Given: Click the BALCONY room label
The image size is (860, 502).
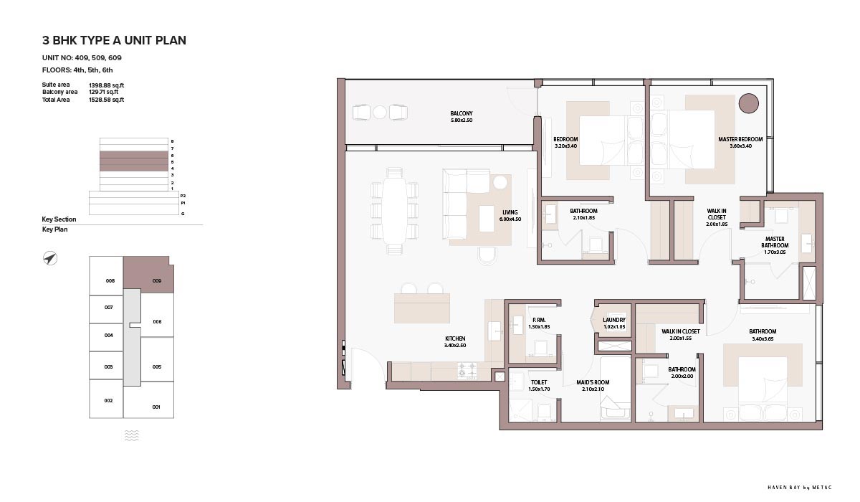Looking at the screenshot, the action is pyautogui.click(x=461, y=113).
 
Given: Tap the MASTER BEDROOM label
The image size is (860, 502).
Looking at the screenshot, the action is pyautogui.click(x=740, y=139).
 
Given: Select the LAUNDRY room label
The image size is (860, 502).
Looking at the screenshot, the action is pyautogui.click(x=614, y=320).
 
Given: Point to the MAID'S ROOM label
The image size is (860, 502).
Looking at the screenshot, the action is pyautogui.click(x=593, y=382).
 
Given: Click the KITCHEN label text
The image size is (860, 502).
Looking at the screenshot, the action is pyautogui.click(x=455, y=338).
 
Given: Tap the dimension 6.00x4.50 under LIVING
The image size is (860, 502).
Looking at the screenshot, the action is pyautogui.click(x=510, y=219).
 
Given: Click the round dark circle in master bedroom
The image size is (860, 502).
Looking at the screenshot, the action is pyautogui.click(x=748, y=103).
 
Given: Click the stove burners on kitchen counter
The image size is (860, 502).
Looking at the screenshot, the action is pyautogui.click(x=467, y=370).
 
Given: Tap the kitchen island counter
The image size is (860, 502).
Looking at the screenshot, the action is pyautogui.click(x=422, y=308).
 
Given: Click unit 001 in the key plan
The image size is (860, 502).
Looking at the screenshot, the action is pyautogui.click(x=156, y=407).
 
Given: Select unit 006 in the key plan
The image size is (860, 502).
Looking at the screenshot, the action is pyautogui.click(x=157, y=322).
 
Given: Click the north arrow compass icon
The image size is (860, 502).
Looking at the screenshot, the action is pyautogui.click(x=50, y=258).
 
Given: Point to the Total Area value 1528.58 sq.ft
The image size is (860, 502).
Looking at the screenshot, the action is pyautogui.click(x=106, y=100).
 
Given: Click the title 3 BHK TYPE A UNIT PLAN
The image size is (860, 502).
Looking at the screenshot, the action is pyautogui.click(x=114, y=40).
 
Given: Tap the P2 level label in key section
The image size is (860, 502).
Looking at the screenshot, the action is pyautogui.click(x=183, y=196).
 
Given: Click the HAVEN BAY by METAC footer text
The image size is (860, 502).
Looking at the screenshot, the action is pyautogui.click(x=800, y=488).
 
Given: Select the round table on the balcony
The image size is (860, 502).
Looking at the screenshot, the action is pyautogui.click(x=380, y=112).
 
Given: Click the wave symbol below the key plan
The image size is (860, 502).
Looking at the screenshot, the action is pyautogui.click(x=132, y=435).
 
